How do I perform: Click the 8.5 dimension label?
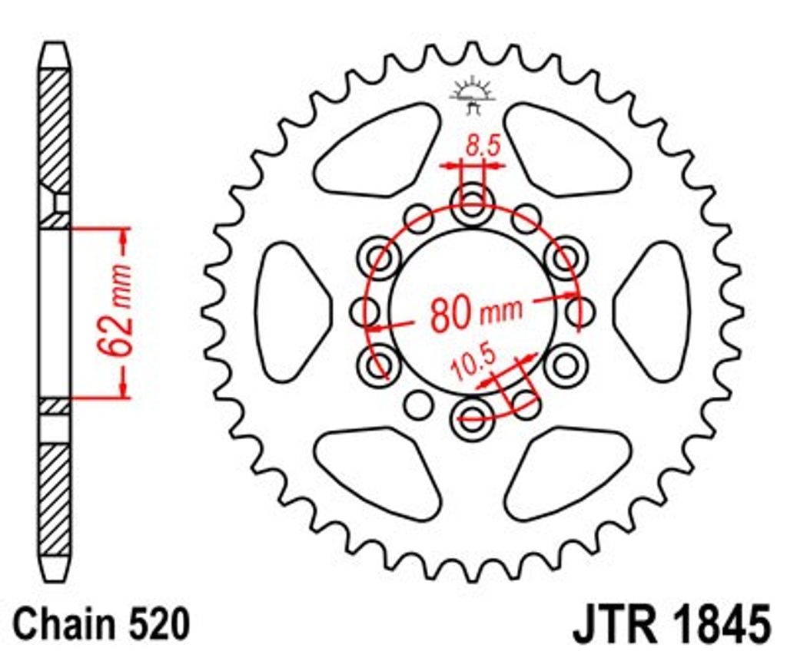click(483, 146)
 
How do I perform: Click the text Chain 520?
click(102, 624)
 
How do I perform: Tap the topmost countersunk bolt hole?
click(473, 204)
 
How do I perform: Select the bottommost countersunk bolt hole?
click(473, 418)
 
